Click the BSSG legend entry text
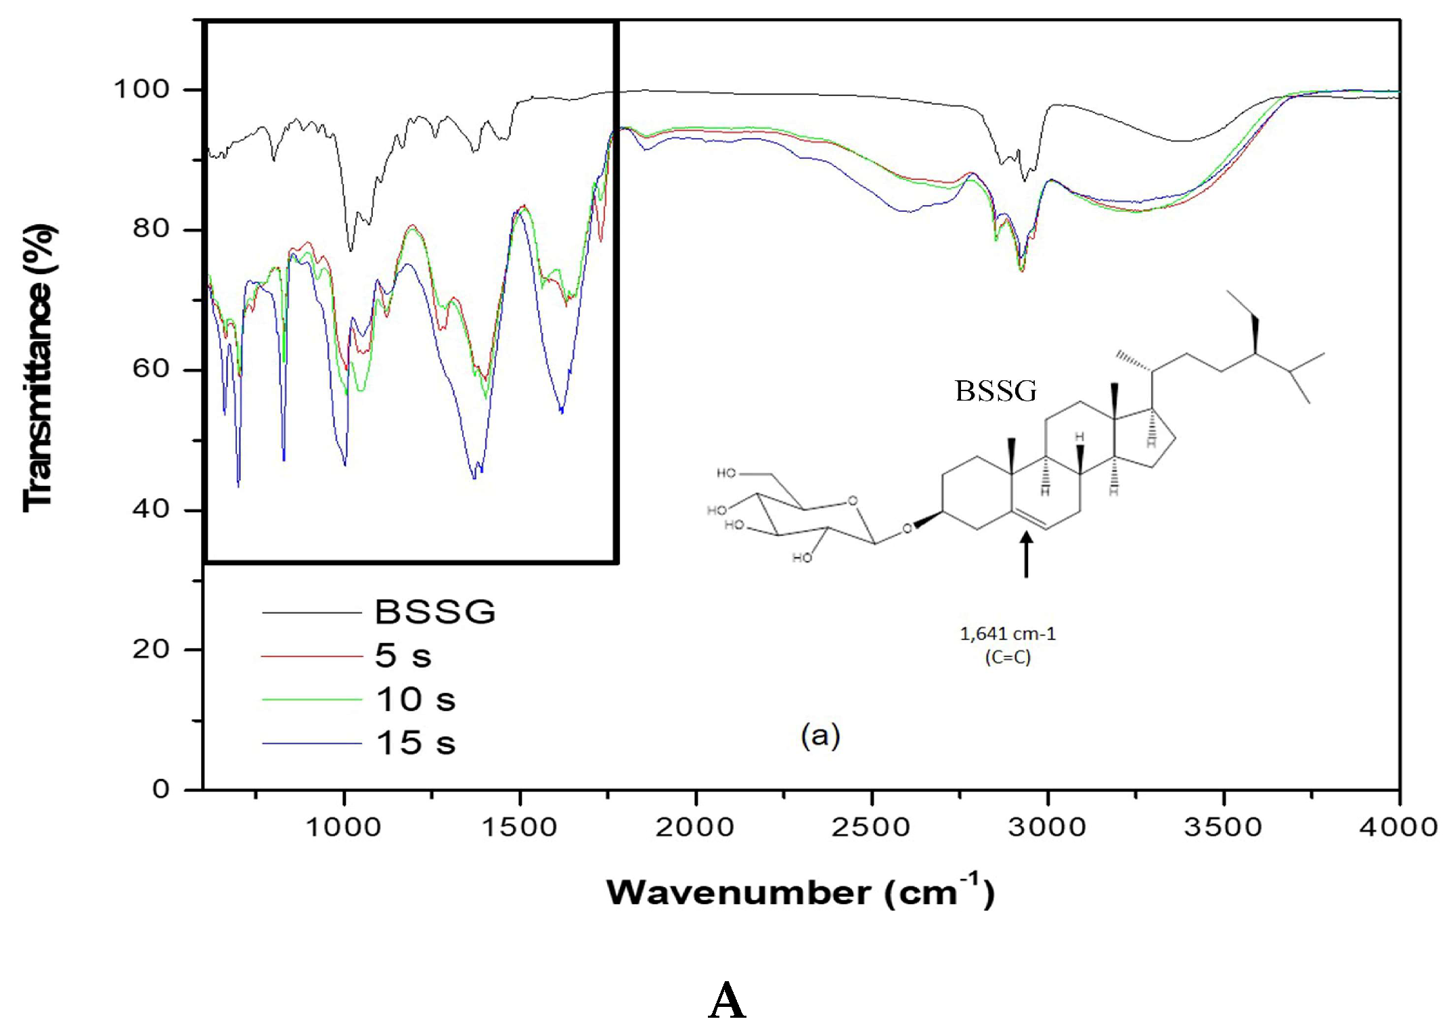pos(435,612)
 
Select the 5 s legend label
pos(403,656)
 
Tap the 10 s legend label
pos(416,699)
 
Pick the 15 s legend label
pos(416,743)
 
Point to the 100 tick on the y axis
pos(141,89)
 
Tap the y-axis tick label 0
pos(161,789)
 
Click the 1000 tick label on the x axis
pos(344,828)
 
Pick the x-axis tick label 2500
pos(871,828)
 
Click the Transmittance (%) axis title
pos(39,369)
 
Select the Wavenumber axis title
pos(800,893)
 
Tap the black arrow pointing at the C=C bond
pos(1026,555)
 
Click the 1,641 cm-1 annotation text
pos(1007,634)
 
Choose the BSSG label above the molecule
pos(996,391)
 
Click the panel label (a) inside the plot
pos(820,736)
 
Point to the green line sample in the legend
pos(312,700)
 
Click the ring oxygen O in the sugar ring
pos(852,501)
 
